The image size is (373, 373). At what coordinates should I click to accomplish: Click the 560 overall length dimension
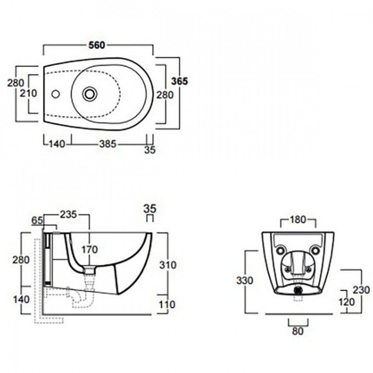[x=97, y=45]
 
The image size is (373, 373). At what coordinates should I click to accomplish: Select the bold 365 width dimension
[x=179, y=81]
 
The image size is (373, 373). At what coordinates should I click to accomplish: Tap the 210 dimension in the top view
[x=29, y=93]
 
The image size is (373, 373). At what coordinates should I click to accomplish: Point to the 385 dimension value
[x=108, y=144]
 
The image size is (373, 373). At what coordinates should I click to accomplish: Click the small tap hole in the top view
[x=56, y=94]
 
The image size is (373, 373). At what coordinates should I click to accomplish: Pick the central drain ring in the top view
[x=90, y=93]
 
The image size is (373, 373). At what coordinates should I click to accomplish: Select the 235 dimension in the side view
[x=68, y=214]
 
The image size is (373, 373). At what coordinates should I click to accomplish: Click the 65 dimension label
[x=37, y=221]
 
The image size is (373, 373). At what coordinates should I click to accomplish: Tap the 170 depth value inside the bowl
[x=90, y=250]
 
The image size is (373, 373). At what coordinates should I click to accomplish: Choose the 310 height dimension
[x=168, y=265]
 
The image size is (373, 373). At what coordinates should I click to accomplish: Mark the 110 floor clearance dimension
[x=167, y=304]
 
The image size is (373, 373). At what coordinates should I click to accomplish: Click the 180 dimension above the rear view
[x=298, y=219]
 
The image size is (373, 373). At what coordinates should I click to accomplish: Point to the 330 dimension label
[x=244, y=281]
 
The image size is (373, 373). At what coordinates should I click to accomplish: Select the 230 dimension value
[x=361, y=290]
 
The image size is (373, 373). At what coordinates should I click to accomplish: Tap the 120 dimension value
[x=346, y=302]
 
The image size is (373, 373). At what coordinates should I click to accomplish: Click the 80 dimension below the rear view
[x=298, y=331]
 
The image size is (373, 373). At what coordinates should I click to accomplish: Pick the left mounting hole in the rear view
[x=281, y=251]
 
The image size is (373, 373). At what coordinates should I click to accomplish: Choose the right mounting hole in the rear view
[x=315, y=251]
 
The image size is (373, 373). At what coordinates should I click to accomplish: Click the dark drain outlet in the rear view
[x=298, y=290]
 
